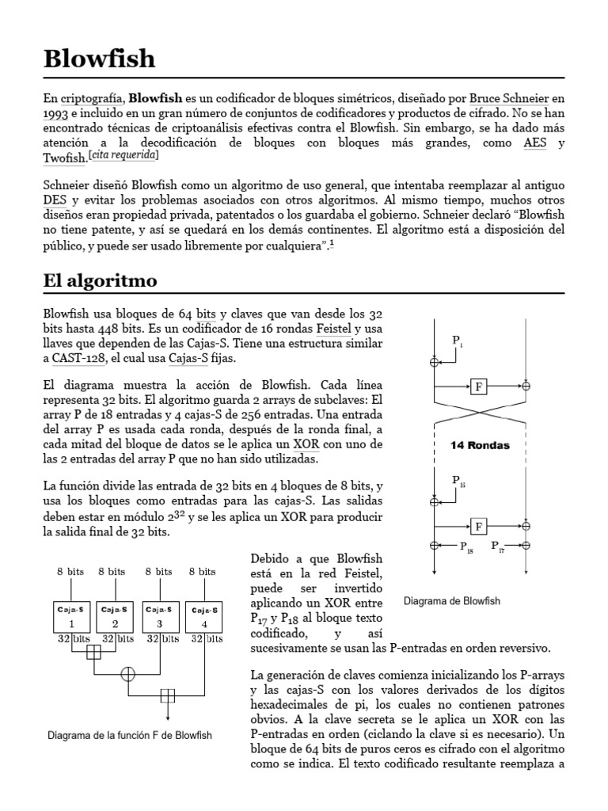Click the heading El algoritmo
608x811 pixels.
[100, 280]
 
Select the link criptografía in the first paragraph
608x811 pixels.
[92, 99]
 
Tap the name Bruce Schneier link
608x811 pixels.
[510, 99]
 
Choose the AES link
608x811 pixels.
[534, 143]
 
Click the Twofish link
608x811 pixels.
[63, 158]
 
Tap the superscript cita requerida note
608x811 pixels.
[129, 155]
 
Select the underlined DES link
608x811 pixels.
[55, 202]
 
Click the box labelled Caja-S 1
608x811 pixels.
[73, 615]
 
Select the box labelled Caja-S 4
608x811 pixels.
[204, 615]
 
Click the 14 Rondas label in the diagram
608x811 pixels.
[480, 445]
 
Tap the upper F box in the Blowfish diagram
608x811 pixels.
[479, 386]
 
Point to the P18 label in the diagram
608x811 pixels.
[465, 547]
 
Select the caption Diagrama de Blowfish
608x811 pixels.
[451, 601]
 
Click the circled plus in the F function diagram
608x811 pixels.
[127, 673]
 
